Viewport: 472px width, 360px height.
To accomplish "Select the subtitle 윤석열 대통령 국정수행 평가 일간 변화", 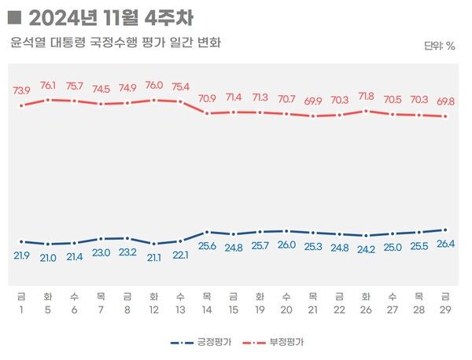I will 116,42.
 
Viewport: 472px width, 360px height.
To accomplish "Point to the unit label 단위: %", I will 439,46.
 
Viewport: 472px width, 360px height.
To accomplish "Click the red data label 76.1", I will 47,86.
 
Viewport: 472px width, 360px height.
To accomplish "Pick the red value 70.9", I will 207,99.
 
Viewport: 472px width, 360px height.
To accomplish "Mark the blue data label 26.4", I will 444,244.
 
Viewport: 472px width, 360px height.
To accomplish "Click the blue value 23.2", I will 127,252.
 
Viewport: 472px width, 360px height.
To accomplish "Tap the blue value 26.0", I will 286,244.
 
